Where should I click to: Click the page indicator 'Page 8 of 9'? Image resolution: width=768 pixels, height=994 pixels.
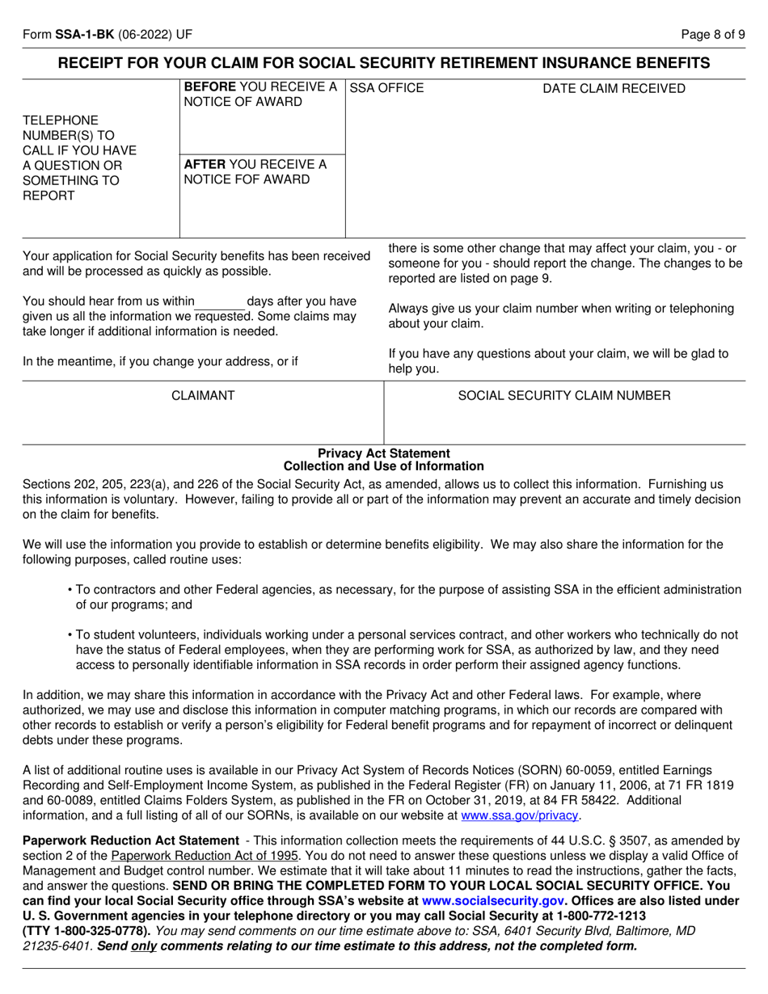[x=713, y=36]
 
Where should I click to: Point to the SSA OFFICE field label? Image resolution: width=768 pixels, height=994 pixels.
[x=386, y=88]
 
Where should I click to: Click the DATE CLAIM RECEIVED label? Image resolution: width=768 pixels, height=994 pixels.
[x=614, y=88]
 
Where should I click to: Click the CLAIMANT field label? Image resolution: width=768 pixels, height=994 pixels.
[x=203, y=395]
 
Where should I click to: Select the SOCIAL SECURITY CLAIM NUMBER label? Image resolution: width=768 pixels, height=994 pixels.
[x=564, y=395]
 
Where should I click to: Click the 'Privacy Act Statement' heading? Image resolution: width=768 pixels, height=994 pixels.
[x=384, y=453]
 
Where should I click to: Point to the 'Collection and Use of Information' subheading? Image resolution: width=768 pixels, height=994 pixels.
[x=384, y=466]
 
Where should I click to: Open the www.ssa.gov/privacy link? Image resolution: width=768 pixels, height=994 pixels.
[x=520, y=815]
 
